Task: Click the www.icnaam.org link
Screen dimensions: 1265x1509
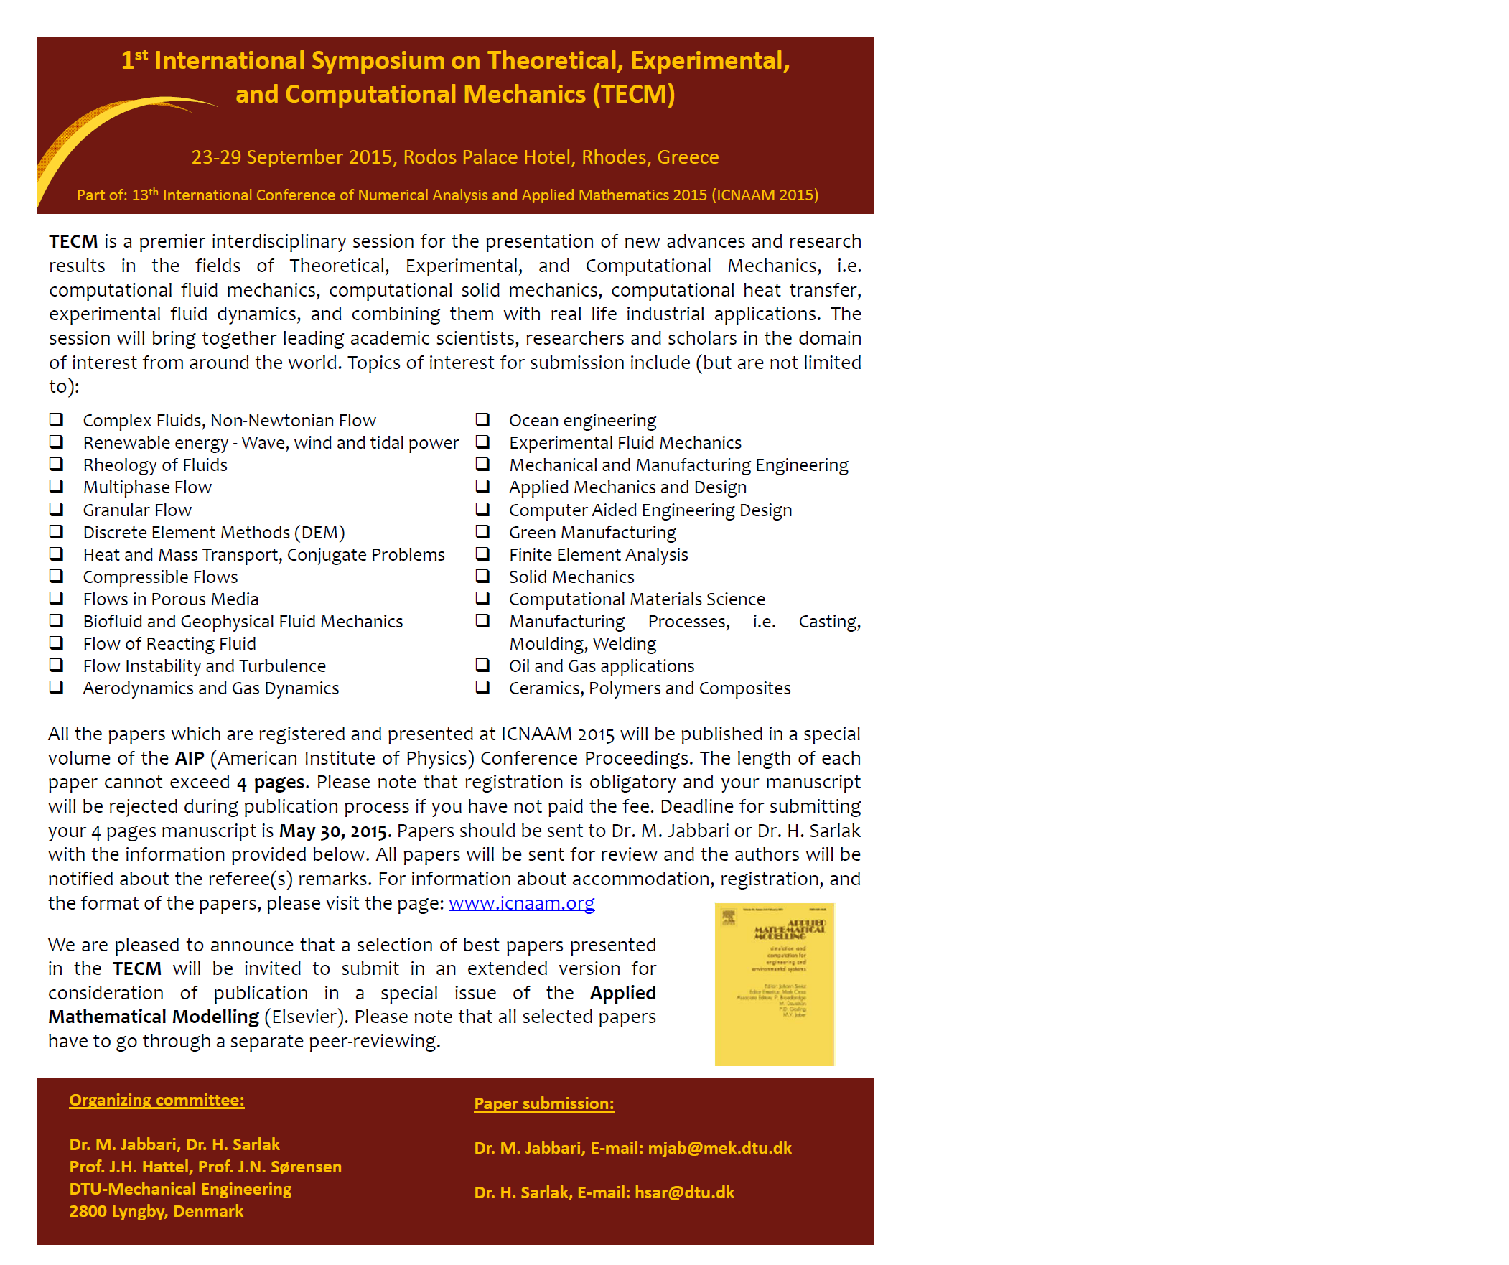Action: tap(521, 902)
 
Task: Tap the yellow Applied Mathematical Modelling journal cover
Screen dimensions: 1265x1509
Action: tap(774, 984)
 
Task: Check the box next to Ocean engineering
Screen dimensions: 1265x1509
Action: tap(482, 419)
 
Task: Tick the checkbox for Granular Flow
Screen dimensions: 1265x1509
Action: tap(56, 509)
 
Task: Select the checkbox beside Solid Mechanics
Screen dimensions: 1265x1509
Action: tap(482, 576)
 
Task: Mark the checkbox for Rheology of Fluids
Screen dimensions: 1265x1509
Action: tap(56, 464)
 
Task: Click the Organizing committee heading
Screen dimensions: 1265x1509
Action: tap(156, 1100)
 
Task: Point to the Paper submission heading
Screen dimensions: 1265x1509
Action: tap(543, 1103)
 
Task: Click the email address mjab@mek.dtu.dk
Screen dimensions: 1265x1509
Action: tap(719, 1148)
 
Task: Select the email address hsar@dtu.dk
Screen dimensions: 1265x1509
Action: tap(684, 1192)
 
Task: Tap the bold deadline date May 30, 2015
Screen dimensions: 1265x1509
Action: tap(333, 831)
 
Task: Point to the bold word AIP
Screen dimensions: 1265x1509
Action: tap(190, 758)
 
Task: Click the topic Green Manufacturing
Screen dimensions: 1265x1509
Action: tap(592, 533)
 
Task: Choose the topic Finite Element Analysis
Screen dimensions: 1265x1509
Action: tap(598, 555)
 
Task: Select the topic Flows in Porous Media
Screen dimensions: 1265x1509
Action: tap(170, 599)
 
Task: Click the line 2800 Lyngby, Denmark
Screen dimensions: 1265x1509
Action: tap(156, 1211)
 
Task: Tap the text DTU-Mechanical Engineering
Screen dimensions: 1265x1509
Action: tap(180, 1189)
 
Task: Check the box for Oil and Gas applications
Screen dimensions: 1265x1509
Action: tap(482, 665)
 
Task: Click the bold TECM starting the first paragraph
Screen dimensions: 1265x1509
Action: tap(73, 241)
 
